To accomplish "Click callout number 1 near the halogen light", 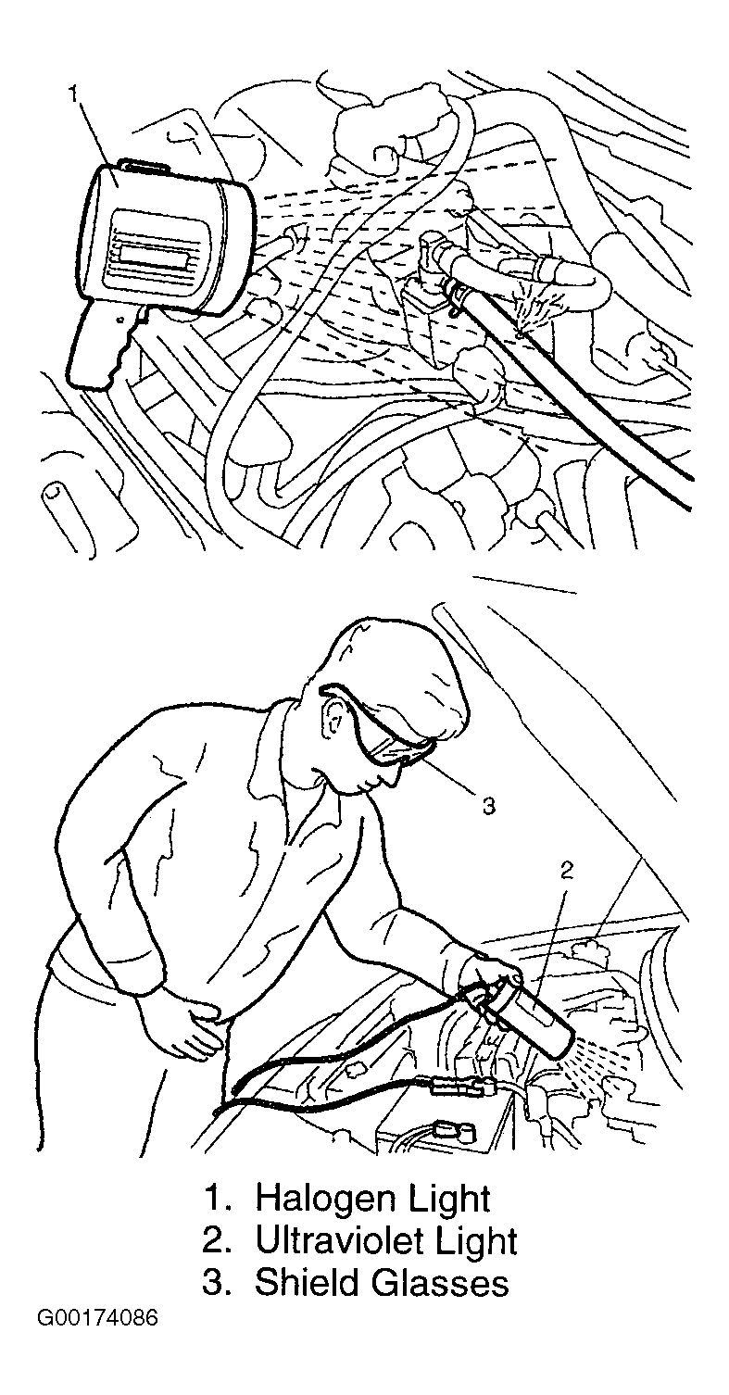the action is [74, 94].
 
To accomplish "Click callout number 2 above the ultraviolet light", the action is [566, 871].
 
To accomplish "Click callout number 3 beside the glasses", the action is [489, 806].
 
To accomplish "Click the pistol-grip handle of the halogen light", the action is [103, 348].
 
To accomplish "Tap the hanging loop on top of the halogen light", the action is [145, 166].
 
